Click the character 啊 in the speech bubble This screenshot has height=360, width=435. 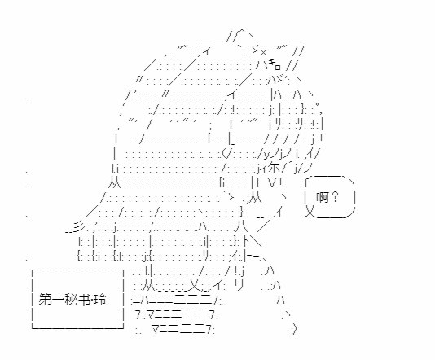pos(323,197)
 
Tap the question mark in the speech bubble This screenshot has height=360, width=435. pos(335,197)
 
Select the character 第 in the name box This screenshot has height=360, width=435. pos(45,300)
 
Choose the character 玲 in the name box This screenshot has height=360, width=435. pos(100,300)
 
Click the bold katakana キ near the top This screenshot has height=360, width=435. pos(271,63)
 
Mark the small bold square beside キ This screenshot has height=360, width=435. pos(278,67)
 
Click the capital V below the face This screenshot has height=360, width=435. pos(272,182)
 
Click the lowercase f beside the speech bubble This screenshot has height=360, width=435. pos(306,182)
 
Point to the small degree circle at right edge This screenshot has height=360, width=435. pos(318,104)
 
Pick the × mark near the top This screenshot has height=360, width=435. pos(263,52)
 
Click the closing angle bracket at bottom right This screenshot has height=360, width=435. pos(295,329)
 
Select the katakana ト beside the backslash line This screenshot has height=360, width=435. pos(246,240)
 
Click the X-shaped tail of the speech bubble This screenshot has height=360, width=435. pos(310,211)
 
